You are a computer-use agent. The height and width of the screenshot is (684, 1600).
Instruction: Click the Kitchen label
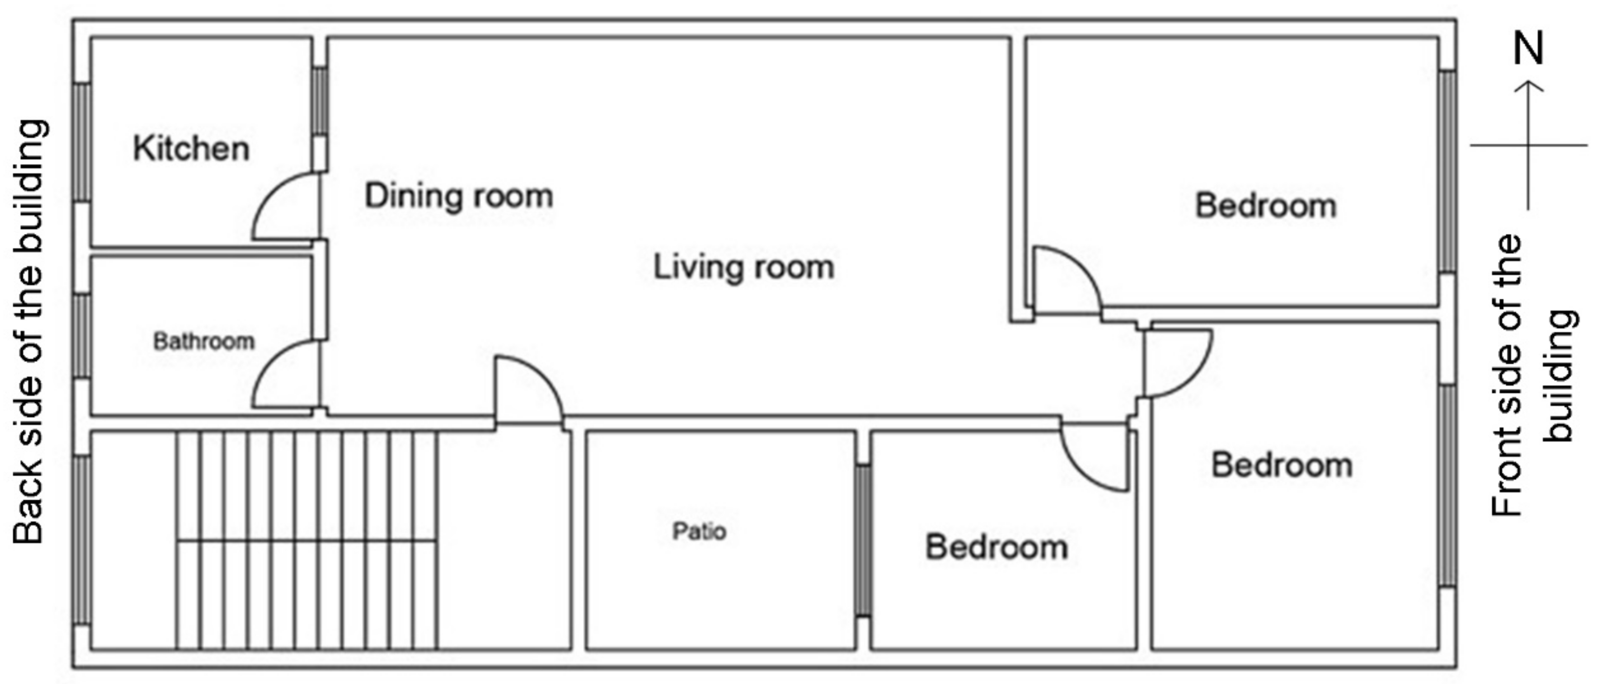pyautogui.click(x=191, y=149)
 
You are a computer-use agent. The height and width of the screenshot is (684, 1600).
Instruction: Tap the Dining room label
pyautogui.click(x=458, y=196)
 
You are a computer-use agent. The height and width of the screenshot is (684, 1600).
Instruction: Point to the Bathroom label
pyautogui.click(x=204, y=341)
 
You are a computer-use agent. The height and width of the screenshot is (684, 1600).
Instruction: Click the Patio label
pyautogui.click(x=699, y=531)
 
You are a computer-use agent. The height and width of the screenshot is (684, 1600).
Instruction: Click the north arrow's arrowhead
pyautogui.click(x=1529, y=87)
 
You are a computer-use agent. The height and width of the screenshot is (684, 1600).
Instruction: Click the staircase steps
pyautogui.click(x=307, y=540)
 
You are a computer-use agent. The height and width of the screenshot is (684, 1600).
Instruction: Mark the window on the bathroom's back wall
pyautogui.click(x=81, y=335)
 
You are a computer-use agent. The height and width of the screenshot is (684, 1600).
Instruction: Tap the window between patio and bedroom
pyautogui.click(x=863, y=540)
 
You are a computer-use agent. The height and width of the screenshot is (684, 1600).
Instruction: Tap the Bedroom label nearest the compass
pyautogui.click(x=1266, y=206)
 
